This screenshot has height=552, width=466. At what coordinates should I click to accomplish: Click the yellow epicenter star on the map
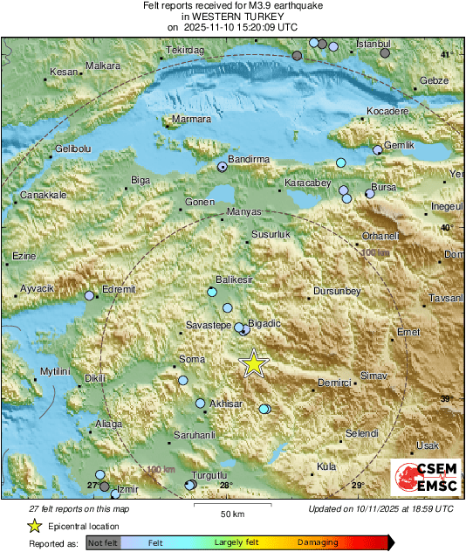pyautogui.click(x=253, y=363)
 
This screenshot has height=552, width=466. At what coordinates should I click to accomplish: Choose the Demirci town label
pyautogui.click(x=333, y=383)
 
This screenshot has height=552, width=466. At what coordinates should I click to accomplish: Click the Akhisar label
pyautogui.click(x=226, y=404)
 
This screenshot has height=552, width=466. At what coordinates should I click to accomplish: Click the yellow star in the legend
pyautogui.click(x=34, y=526)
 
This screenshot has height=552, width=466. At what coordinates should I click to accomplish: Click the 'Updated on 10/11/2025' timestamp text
pyautogui.click(x=380, y=508)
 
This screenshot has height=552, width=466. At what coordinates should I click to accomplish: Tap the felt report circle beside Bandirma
pyautogui.click(x=223, y=165)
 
